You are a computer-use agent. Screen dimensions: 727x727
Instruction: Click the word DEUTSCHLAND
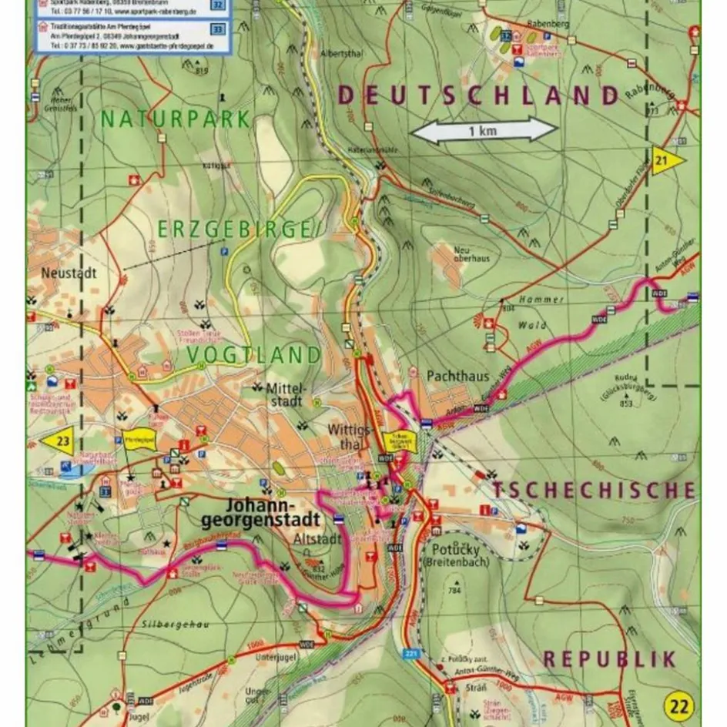[478, 95]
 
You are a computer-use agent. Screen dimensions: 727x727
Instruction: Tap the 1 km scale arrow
[484, 130]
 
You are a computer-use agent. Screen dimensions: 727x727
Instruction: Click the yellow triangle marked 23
[59, 441]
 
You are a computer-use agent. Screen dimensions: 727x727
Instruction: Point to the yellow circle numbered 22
[678, 705]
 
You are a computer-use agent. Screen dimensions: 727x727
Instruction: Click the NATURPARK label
[175, 119]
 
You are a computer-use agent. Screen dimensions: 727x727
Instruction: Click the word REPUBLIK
[609, 658]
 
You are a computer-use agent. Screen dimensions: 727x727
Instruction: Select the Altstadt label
[317, 540]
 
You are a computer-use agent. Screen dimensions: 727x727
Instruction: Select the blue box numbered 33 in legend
[218, 29]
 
